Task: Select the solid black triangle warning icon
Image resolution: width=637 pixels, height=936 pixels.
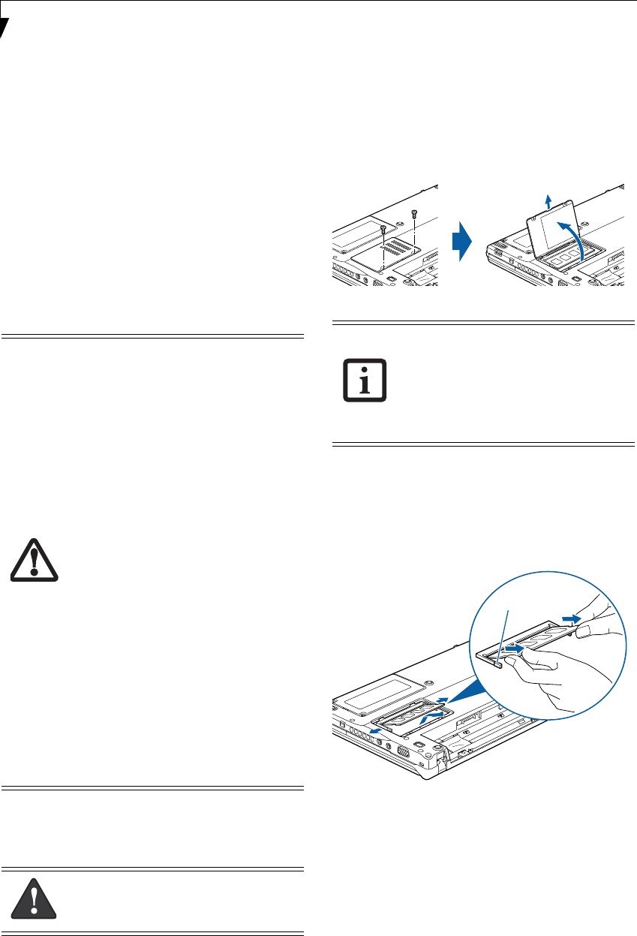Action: (x=35, y=898)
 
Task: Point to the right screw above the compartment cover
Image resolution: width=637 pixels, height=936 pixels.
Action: (x=414, y=215)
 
